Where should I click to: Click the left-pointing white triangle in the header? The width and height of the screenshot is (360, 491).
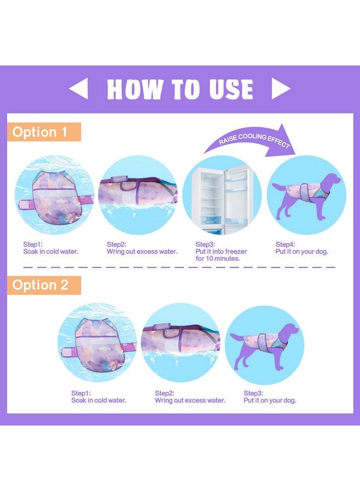pos(79,88)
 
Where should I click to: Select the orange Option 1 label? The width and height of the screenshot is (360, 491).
pos(44,132)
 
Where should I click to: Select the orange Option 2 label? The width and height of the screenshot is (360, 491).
pos(44,285)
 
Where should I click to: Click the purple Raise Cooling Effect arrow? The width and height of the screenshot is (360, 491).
pos(250,141)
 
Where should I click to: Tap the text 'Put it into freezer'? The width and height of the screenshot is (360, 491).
pos(221,252)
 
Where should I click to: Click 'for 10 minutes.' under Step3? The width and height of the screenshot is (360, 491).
pos(218,259)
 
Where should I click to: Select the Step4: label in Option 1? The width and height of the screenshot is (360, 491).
pos(285,244)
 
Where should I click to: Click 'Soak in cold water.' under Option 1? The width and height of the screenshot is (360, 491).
pos(51,252)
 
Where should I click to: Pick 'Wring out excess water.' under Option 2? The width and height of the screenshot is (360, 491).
pos(190,400)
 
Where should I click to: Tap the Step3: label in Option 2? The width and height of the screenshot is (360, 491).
pos(253,393)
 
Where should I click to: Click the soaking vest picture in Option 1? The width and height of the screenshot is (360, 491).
pos(55,195)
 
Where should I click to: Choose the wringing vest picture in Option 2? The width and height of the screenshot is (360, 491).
pos(181,342)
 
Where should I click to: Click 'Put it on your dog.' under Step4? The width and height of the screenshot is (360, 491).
pos(302,252)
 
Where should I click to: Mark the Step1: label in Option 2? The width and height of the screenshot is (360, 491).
pos(81,393)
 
